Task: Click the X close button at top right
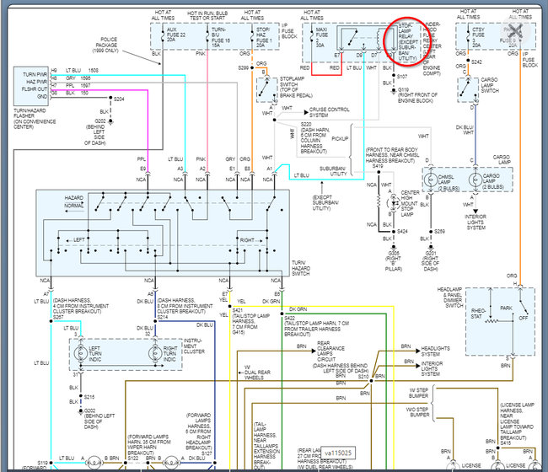click(x=516, y=32)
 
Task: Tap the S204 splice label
click(x=119, y=99)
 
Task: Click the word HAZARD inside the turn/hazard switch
click(x=74, y=197)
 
